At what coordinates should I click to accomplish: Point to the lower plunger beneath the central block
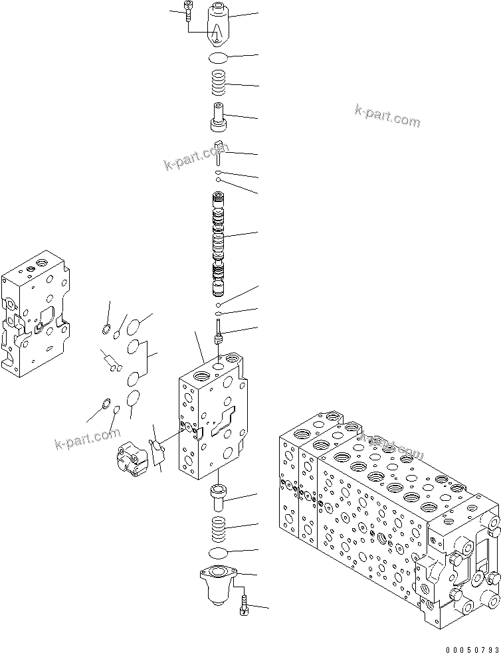(x=219, y=496)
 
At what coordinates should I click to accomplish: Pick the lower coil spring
(x=219, y=529)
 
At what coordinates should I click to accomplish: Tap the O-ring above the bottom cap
(x=219, y=553)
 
